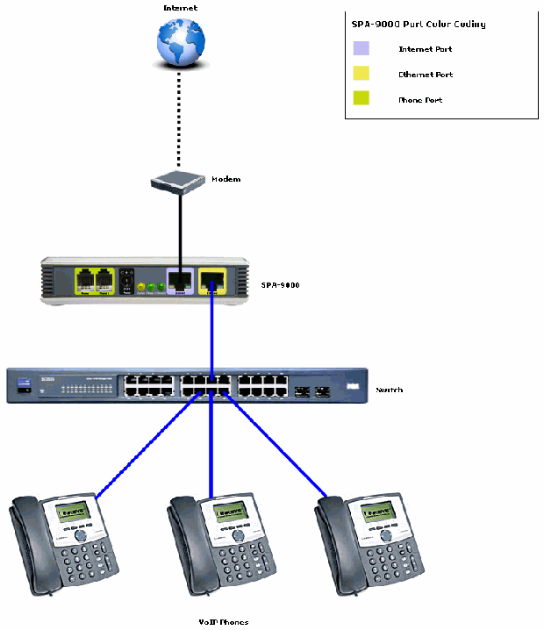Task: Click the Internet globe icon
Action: coord(180,39)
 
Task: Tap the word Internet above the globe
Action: coord(180,8)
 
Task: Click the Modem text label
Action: coord(225,179)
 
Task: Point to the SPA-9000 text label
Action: coord(281,285)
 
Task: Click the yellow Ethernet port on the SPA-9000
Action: coord(211,281)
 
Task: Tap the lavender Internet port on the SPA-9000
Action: coord(180,282)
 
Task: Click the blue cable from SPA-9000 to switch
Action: coord(211,333)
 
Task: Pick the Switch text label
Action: coord(389,390)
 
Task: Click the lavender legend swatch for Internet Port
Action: coord(361,49)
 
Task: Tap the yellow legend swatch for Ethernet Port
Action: coord(361,74)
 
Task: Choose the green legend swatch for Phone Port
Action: coord(361,98)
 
